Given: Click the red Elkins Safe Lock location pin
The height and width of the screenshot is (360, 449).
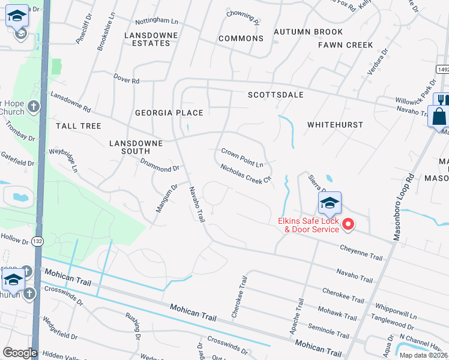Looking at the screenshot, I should (348, 225).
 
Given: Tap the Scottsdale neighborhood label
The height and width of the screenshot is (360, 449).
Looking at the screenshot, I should (276, 95).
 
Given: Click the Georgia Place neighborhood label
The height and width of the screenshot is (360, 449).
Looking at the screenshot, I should (169, 113).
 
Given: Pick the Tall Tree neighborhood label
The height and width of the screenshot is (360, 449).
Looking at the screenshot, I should (78, 126).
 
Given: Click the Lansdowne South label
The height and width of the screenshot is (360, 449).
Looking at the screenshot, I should (136, 148).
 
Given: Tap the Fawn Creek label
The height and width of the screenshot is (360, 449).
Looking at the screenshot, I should (345, 45).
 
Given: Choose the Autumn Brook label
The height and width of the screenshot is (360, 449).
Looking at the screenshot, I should (308, 32).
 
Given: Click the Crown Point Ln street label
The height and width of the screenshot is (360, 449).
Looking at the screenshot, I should (242, 158).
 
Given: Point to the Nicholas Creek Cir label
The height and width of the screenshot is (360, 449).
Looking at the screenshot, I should (246, 174).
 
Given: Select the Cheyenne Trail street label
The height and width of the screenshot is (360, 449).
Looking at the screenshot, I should (361, 253).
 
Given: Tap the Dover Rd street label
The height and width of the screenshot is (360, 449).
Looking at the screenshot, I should (127, 79).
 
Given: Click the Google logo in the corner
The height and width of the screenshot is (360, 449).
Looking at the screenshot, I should (19, 353).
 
